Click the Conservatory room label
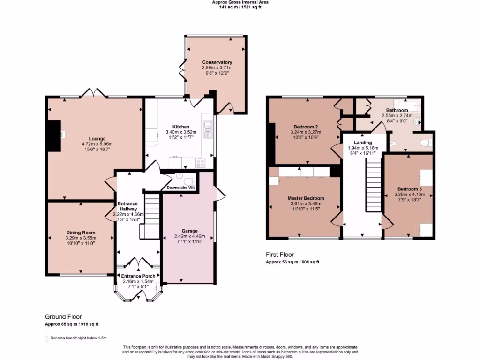tap(217, 62)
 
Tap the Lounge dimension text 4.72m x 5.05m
tap(97, 144)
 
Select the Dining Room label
tap(81, 232)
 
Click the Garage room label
tap(189, 231)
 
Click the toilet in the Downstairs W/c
tap(189, 181)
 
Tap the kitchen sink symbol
tap(208, 127)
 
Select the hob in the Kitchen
tap(200, 163)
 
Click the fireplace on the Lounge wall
tap(55, 135)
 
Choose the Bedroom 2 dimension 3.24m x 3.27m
tap(306, 133)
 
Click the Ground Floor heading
tap(63, 317)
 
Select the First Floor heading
tap(280, 255)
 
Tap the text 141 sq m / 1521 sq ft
tap(240, 7)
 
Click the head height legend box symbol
tap(46, 338)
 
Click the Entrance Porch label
tap(138, 276)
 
